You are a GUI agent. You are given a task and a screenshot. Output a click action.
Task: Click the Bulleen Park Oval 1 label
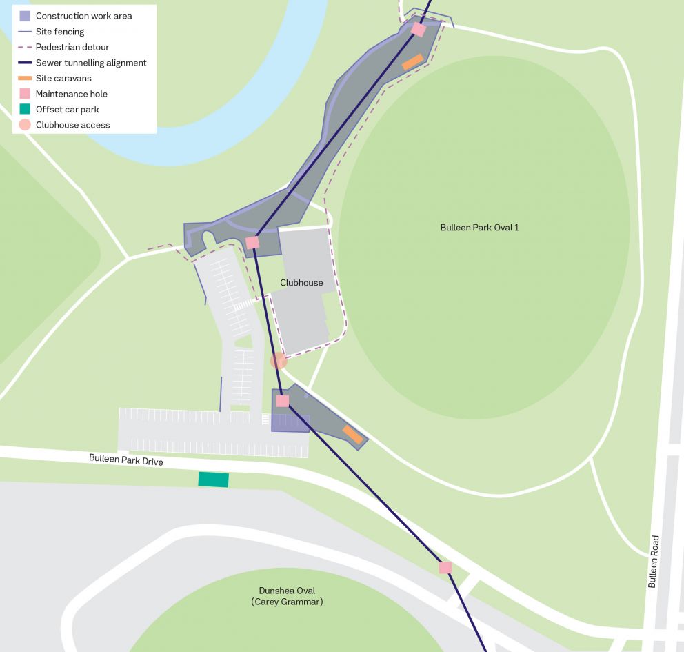479,228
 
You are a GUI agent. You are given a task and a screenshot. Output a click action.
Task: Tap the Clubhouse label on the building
301,283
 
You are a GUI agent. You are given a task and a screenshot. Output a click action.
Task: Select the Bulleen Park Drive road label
126,460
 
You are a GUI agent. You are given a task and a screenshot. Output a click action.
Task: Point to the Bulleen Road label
653,562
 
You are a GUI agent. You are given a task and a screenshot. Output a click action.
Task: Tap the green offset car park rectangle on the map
213,480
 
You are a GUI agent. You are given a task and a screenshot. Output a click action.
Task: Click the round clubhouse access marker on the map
279,361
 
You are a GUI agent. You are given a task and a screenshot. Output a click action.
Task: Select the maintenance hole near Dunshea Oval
445,567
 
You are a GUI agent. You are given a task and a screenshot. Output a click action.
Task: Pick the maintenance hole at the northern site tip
418,30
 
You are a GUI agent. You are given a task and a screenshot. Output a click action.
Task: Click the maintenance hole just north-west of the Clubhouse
252,242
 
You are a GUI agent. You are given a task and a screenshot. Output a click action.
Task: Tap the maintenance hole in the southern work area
282,401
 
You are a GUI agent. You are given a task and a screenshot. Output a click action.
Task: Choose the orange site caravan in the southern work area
353,435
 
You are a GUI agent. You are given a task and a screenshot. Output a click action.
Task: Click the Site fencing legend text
60,32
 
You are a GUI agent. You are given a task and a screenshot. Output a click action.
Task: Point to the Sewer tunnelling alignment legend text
91,63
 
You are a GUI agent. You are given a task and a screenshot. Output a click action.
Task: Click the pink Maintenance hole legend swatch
25,94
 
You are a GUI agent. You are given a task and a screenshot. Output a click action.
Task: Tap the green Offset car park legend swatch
25,109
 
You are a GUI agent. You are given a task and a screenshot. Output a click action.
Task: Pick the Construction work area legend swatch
25,16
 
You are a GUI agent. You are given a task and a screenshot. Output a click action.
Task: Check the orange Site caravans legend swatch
25,79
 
